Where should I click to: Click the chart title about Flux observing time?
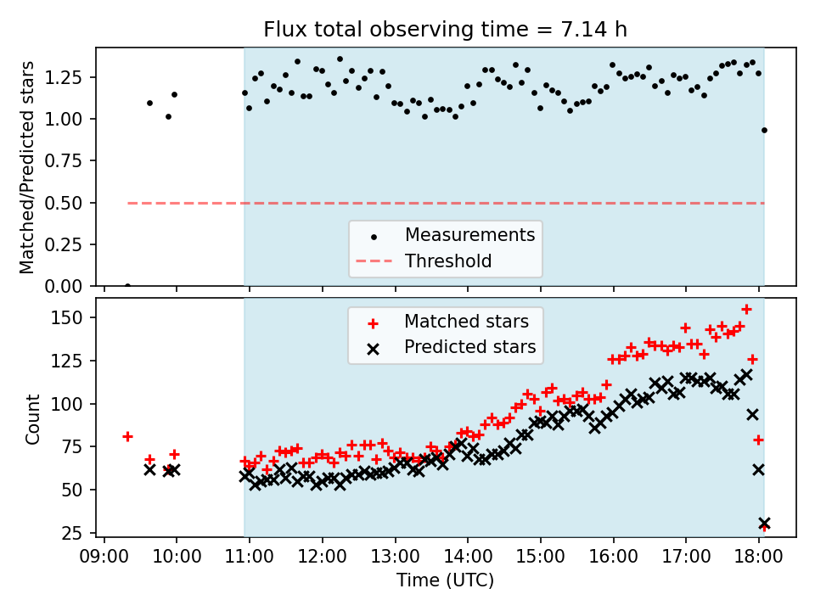pyautogui.click(x=446, y=30)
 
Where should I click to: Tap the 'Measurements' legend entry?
pyautogui.click(x=469, y=234)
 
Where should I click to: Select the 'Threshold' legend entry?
pyautogui.click(x=448, y=261)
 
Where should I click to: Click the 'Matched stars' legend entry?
pyautogui.click(x=464, y=322)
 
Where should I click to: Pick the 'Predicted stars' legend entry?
pyautogui.click(x=469, y=347)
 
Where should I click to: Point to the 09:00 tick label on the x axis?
pyautogui.click(x=104, y=556)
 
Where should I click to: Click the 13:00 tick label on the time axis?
pyautogui.click(x=395, y=556)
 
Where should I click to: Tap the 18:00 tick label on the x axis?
pyautogui.click(x=758, y=556)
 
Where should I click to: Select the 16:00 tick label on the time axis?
pyautogui.click(x=613, y=556)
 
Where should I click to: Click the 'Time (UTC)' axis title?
pyautogui.click(x=445, y=580)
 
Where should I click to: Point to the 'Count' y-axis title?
pyautogui.click(x=33, y=418)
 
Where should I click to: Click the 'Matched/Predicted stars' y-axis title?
pyautogui.click(x=28, y=167)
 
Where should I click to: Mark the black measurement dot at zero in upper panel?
pyautogui.click(x=127, y=286)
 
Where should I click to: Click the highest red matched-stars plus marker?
pyautogui.click(x=746, y=310)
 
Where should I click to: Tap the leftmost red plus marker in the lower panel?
pyautogui.click(x=127, y=436)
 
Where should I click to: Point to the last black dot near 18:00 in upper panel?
pyautogui.click(x=764, y=130)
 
